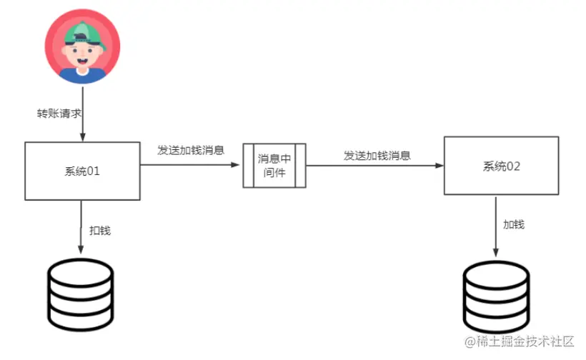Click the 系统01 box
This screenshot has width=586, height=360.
82,171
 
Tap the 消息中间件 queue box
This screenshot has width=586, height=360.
274,166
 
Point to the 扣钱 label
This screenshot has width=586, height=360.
100,230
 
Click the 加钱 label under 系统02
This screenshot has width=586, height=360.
513,224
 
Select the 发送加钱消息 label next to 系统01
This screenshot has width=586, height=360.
191,151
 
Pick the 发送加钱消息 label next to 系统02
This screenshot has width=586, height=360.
377,155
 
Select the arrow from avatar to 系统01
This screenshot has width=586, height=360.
83,121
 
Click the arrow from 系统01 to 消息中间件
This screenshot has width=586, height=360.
189,166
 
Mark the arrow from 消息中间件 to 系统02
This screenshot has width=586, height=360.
374,166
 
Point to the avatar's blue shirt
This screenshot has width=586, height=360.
83,74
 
